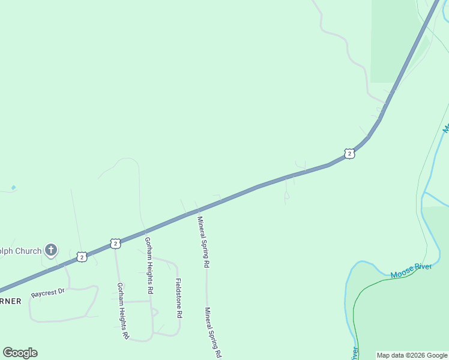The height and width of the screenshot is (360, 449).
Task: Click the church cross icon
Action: [x=52, y=250]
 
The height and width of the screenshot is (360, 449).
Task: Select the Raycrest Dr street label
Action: [x=47, y=293]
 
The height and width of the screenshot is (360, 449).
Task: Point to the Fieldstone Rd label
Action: [x=178, y=298]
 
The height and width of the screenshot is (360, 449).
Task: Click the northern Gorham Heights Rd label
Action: [x=148, y=265]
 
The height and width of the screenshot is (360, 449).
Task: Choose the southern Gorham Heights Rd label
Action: [x=123, y=311]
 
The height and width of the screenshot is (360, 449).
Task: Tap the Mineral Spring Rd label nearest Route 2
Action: [x=203, y=241]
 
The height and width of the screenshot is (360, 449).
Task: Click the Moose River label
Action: [x=411, y=271]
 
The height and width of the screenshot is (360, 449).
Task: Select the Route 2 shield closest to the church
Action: [x=81, y=257]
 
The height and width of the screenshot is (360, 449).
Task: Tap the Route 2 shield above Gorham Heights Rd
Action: [x=115, y=243]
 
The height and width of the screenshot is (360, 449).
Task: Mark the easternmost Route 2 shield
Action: [x=349, y=154]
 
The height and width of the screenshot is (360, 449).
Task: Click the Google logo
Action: [x=20, y=353]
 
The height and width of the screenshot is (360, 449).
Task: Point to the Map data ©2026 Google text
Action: [x=412, y=355]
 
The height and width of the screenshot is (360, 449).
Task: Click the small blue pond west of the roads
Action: [x=13, y=188]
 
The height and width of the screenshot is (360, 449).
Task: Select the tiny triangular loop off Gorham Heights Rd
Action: [x=154, y=312]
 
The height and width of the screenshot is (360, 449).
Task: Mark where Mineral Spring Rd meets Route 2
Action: [x=197, y=211]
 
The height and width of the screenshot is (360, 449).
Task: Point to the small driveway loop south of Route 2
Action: [x=286, y=196]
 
